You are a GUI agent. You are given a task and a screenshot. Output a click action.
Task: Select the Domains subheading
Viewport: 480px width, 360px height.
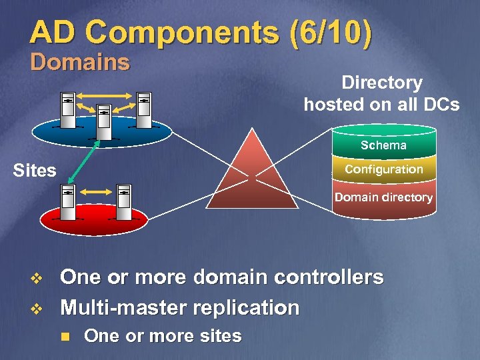pos(80,63)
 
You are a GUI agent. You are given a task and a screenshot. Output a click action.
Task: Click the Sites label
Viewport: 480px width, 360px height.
pos(35,171)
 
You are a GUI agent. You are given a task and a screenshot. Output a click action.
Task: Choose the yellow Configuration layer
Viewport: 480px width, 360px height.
pos(383,169)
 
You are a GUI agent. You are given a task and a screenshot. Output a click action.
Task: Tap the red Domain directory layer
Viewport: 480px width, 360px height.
pos(383,197)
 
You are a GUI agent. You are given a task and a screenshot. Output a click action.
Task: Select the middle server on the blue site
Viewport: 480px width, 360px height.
pos(104,123)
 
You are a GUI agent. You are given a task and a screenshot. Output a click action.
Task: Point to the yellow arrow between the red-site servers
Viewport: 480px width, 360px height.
pos(96,193)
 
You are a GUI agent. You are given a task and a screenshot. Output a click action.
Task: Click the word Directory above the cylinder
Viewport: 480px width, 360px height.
pos(381,83)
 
